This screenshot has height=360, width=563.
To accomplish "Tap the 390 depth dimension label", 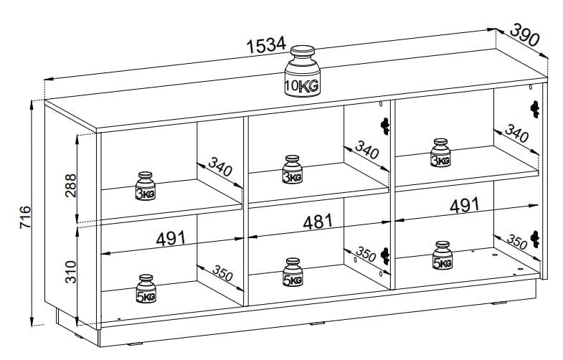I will point(525,35).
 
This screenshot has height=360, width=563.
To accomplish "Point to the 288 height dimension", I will point(69,184).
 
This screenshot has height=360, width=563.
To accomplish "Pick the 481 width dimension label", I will point(318,221).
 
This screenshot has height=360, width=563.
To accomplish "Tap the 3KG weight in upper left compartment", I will point(146,186).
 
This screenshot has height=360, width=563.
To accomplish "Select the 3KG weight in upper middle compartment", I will point(291,170).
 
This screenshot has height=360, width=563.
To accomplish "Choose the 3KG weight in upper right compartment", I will point(440,153).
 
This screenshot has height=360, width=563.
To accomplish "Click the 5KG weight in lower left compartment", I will point(146,289).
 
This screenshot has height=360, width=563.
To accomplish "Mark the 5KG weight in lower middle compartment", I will point(291,273).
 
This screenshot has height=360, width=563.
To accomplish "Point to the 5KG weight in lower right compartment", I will point(442,256).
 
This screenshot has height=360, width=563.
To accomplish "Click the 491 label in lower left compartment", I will point(171,238).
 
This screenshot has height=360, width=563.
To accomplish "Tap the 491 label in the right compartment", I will point(464,206).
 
